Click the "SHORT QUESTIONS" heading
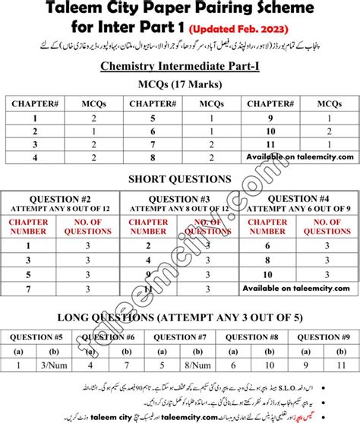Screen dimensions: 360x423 [180, 179]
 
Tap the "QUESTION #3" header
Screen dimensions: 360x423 [180, 197]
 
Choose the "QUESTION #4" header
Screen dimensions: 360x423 [297, 197]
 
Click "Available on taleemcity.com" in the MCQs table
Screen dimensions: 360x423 [299, 157]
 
